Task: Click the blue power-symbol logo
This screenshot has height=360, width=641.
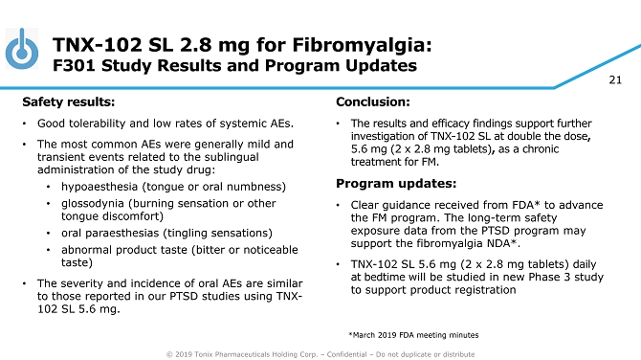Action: [x=22, y=49]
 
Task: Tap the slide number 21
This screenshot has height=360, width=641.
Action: [x=615, y=79]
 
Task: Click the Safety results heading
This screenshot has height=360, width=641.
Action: [x=69, y=101]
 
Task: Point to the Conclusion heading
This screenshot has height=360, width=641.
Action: [x=373, y=101]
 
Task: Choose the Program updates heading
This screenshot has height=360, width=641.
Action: [x=396, y=183]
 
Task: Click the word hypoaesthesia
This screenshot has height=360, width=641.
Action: [x=99, y=187]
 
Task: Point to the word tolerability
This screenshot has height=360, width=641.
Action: [x=103, y=124]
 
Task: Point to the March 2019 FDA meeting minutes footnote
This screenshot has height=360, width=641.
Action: [x=413, y=335]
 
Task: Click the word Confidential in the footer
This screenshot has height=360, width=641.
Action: [x=346, y=354]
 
